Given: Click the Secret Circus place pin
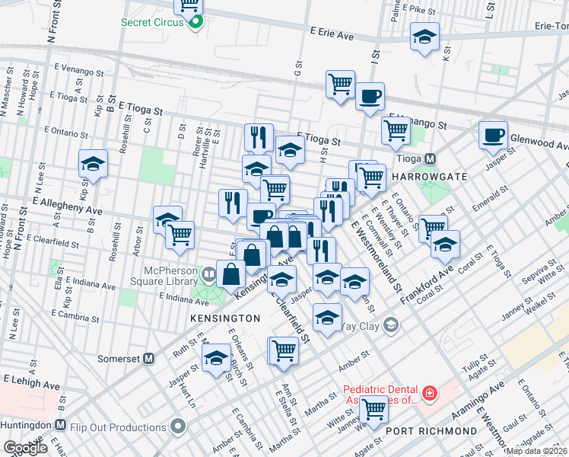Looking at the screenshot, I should pos(196,22).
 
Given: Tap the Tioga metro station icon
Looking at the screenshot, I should pos(430,159).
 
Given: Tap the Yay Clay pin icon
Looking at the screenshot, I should pos(391,326).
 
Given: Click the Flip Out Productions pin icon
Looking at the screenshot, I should pos(178,424).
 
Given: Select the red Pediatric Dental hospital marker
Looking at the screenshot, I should pos(431,393).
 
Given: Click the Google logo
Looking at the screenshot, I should pos(25,448).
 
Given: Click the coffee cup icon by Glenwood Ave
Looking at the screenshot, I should pos(493,135).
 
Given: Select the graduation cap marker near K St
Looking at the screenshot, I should pos(424,36).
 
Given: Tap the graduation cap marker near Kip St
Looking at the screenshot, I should pos(94,163).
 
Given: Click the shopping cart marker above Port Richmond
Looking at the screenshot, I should pos(374,408).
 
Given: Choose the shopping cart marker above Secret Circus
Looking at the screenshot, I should pos(188,5).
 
